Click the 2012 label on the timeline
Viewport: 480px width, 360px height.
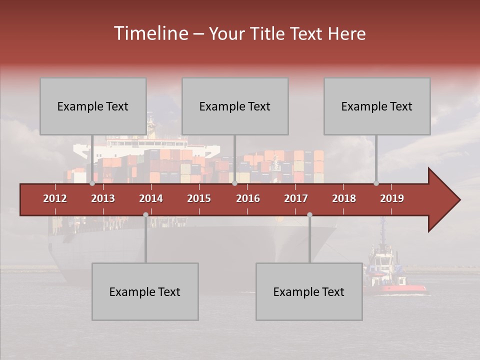click(x=55, y=198)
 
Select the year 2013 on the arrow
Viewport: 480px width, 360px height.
click(x=103, y=198)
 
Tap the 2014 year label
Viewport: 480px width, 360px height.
click(x=151, y=198)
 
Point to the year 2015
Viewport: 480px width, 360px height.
click(x=199, y=198)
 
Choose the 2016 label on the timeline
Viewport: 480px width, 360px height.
click(x=248, y=198)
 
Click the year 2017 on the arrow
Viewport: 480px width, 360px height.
click(x=296, y=198)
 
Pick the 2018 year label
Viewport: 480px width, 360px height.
click(x=344, y=198)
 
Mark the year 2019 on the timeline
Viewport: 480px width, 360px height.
click(x=392, y=198)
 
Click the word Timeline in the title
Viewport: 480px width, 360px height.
click(x=150, y=33)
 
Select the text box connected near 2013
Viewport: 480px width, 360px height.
click(x=93, y=106)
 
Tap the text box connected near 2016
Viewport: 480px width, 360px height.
click(x=235, y=106)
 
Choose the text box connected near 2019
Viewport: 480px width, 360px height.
click(x=377, y=106)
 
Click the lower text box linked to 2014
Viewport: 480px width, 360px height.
click(x=145, y=291)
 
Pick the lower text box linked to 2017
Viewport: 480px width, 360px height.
click(x=309, y=291)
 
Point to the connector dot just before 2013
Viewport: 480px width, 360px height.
click(x=92, y=183)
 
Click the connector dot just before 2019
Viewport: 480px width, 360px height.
click(x=376, y=183)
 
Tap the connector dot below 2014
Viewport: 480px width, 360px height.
click(x=145, y=214)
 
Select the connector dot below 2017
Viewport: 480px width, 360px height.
click(x=309, y=214)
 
